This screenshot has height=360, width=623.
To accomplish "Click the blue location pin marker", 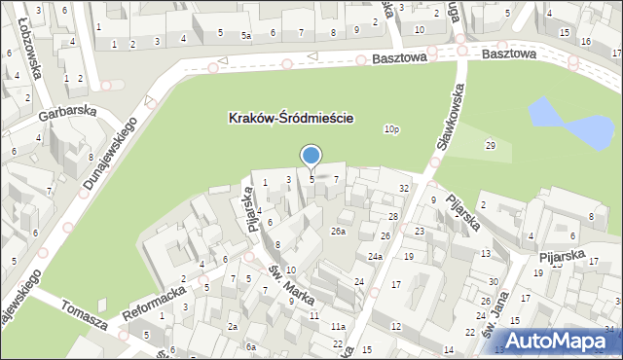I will point(311,157).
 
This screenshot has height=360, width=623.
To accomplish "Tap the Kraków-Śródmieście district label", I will point(290,118).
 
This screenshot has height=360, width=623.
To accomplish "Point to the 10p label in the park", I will point(391,128).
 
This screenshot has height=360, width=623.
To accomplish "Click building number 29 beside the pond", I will point(491,145).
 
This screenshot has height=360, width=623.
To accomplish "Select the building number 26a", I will point(338,231).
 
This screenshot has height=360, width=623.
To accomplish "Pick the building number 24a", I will point(375,257).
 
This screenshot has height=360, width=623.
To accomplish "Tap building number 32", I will point(403,187).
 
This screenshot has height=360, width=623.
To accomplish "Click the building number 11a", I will point(338,326).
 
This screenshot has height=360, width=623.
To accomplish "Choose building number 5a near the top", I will point(246,35).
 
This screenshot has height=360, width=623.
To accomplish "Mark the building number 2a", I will point(233,327).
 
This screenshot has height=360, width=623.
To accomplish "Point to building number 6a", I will point(250,347).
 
